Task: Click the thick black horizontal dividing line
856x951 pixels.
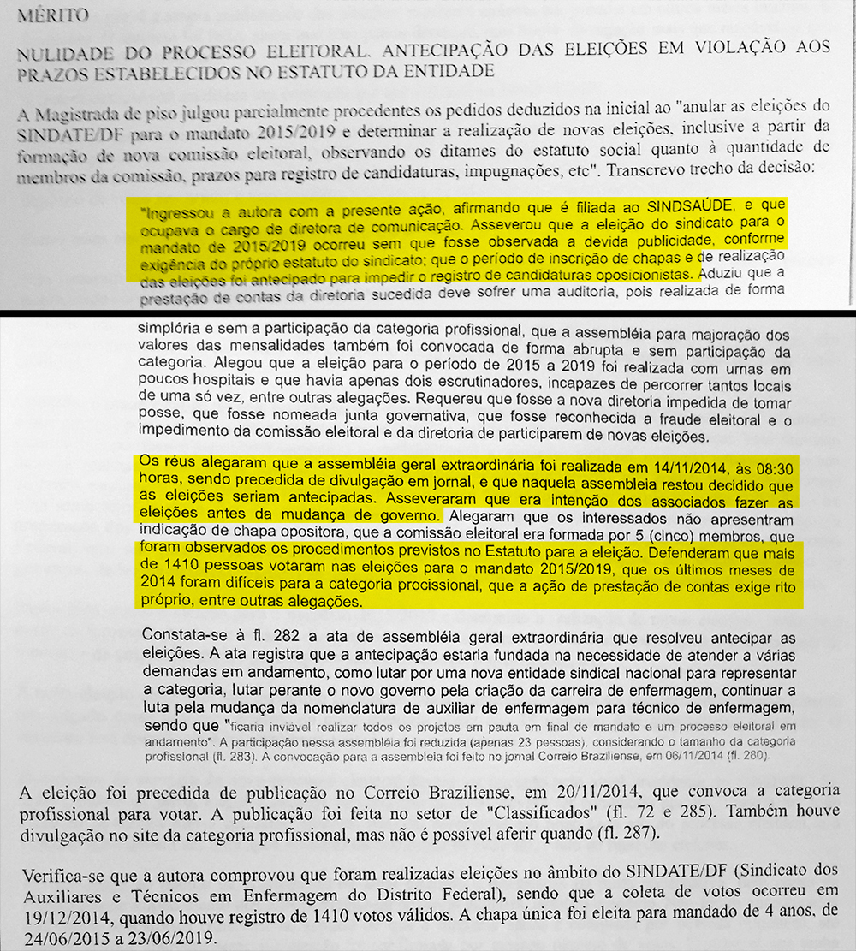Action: (x=428, y=310)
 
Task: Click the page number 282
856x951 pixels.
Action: (x=254, y=639)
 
